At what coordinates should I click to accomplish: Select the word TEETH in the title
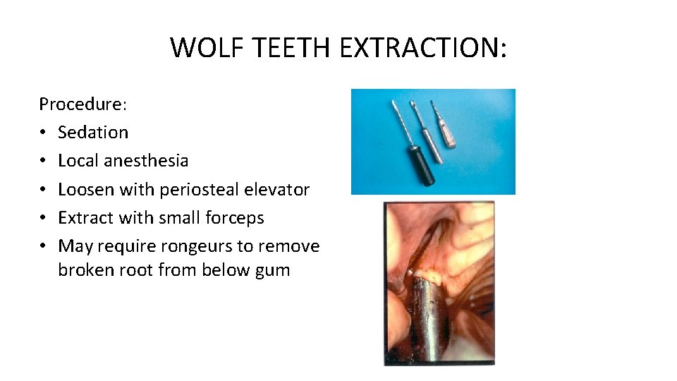click(291, 48)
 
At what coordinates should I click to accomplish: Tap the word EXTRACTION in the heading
click(420, 48)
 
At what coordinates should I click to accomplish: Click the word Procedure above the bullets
click(81, 104)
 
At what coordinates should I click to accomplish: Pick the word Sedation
click(93, 133)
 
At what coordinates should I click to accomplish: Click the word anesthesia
click(146, 161)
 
